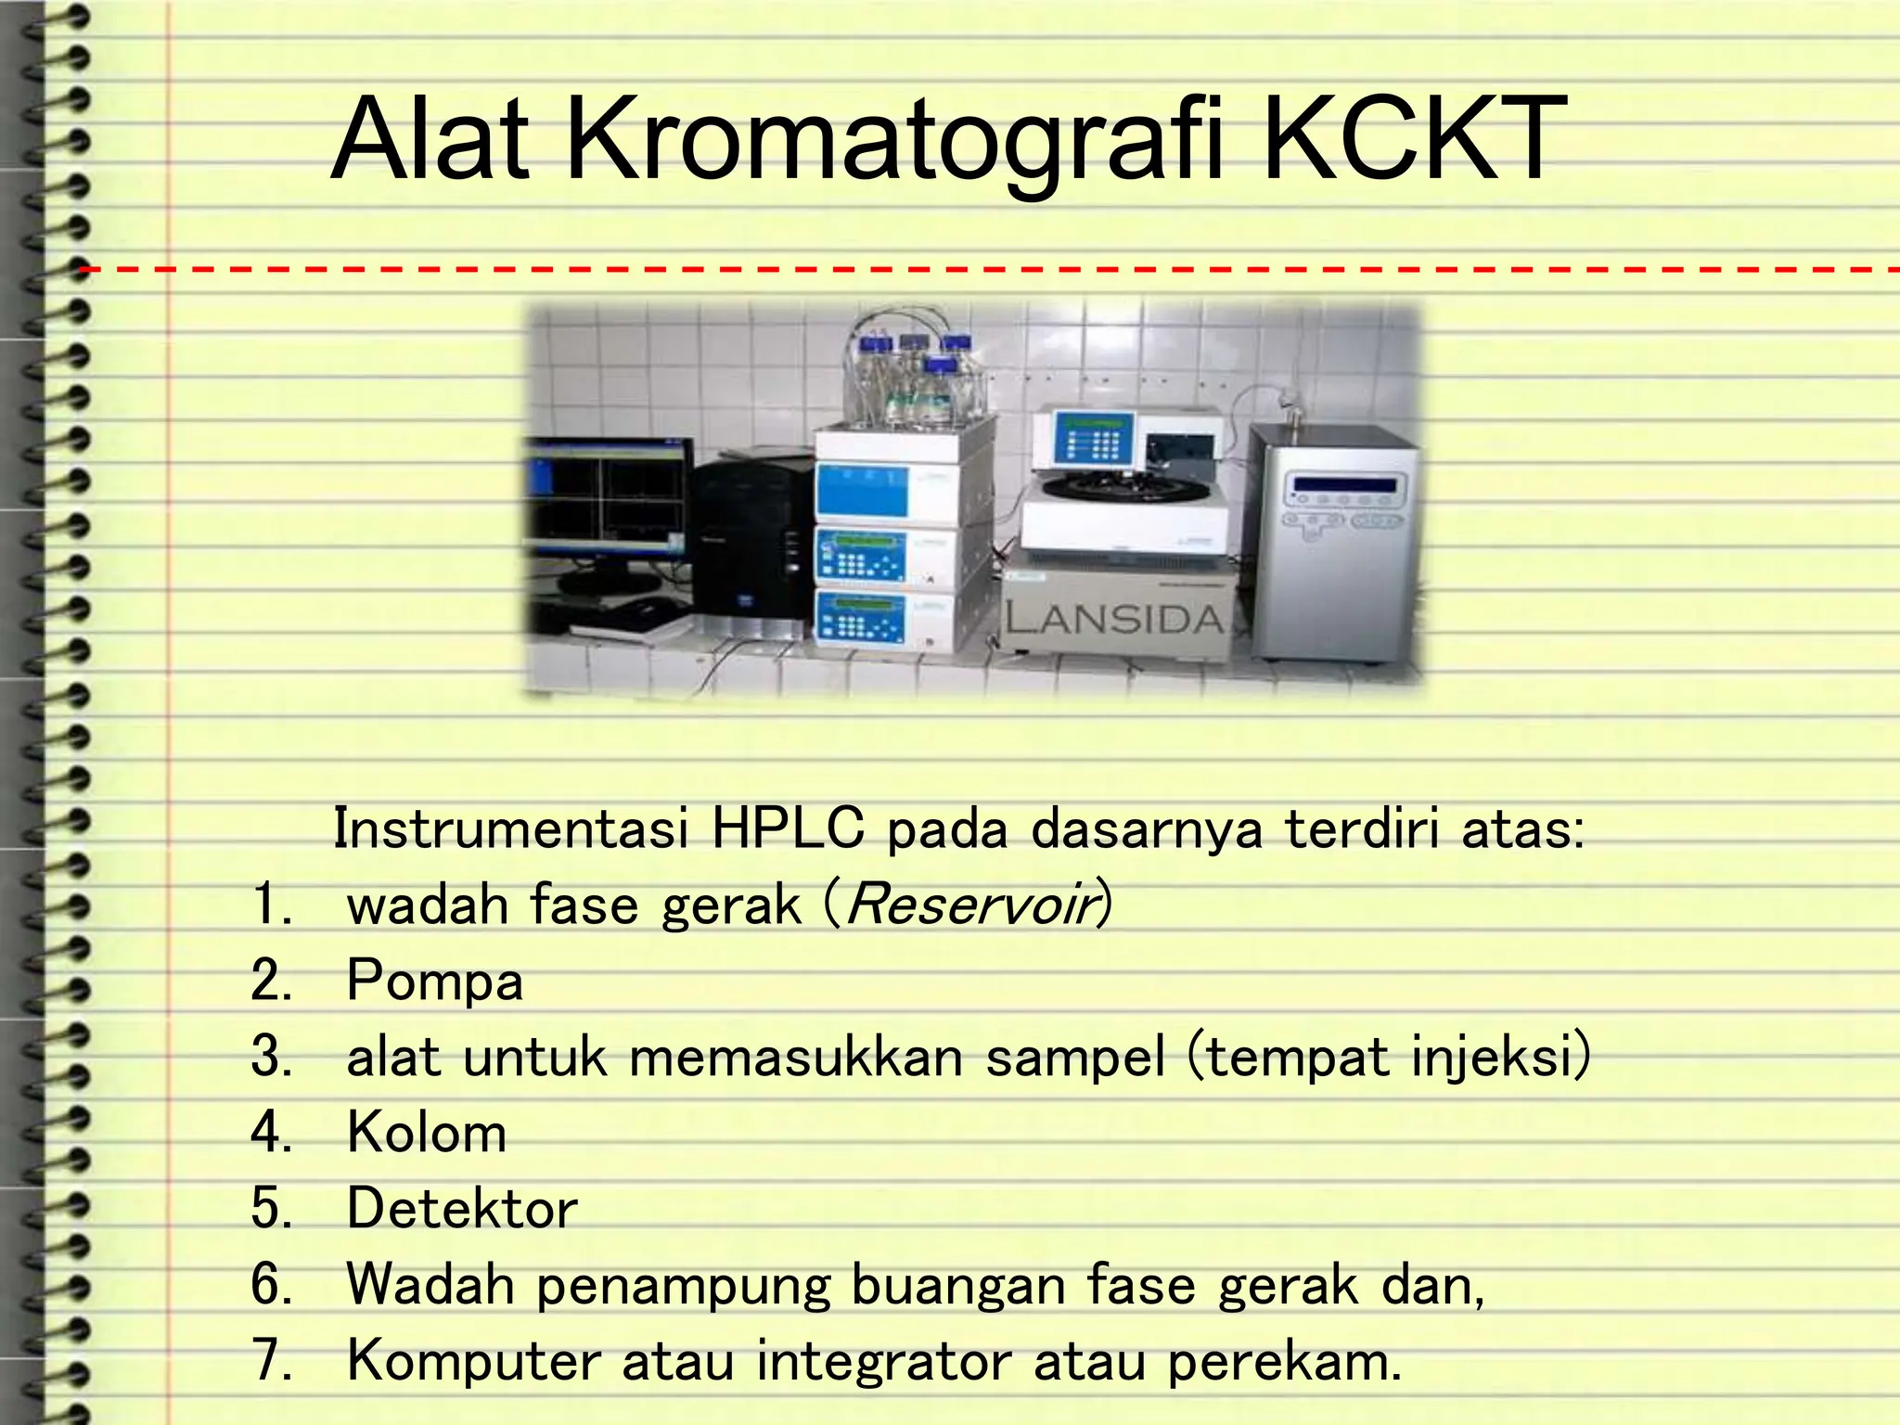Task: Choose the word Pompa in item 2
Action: tap(434, 981)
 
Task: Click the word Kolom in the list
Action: tap(427, 1133)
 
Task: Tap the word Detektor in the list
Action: tap(462, 1209)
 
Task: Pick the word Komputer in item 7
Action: tap(473, 1361)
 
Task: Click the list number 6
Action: tap(271, 1285)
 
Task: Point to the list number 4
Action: tap(271, 1133)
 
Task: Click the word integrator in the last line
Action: tap(883, 1361)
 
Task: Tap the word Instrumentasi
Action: tap(510, 828)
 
